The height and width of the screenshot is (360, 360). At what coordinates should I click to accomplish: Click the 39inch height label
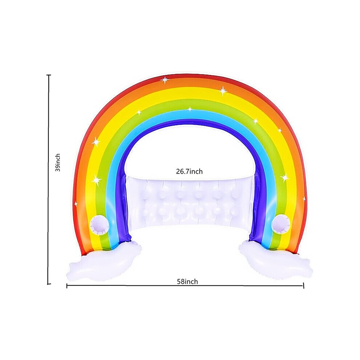point(57,162)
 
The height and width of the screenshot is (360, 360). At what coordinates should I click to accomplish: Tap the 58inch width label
point(187,281)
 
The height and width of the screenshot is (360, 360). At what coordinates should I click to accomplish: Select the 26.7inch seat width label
point(189,171)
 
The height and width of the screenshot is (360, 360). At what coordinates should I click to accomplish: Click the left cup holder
point(99,225)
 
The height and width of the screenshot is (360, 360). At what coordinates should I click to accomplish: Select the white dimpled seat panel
point(190,201)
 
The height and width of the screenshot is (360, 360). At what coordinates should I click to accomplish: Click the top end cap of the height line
point(49,75)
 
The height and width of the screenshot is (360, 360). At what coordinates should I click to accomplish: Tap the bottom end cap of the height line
point(48,284)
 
